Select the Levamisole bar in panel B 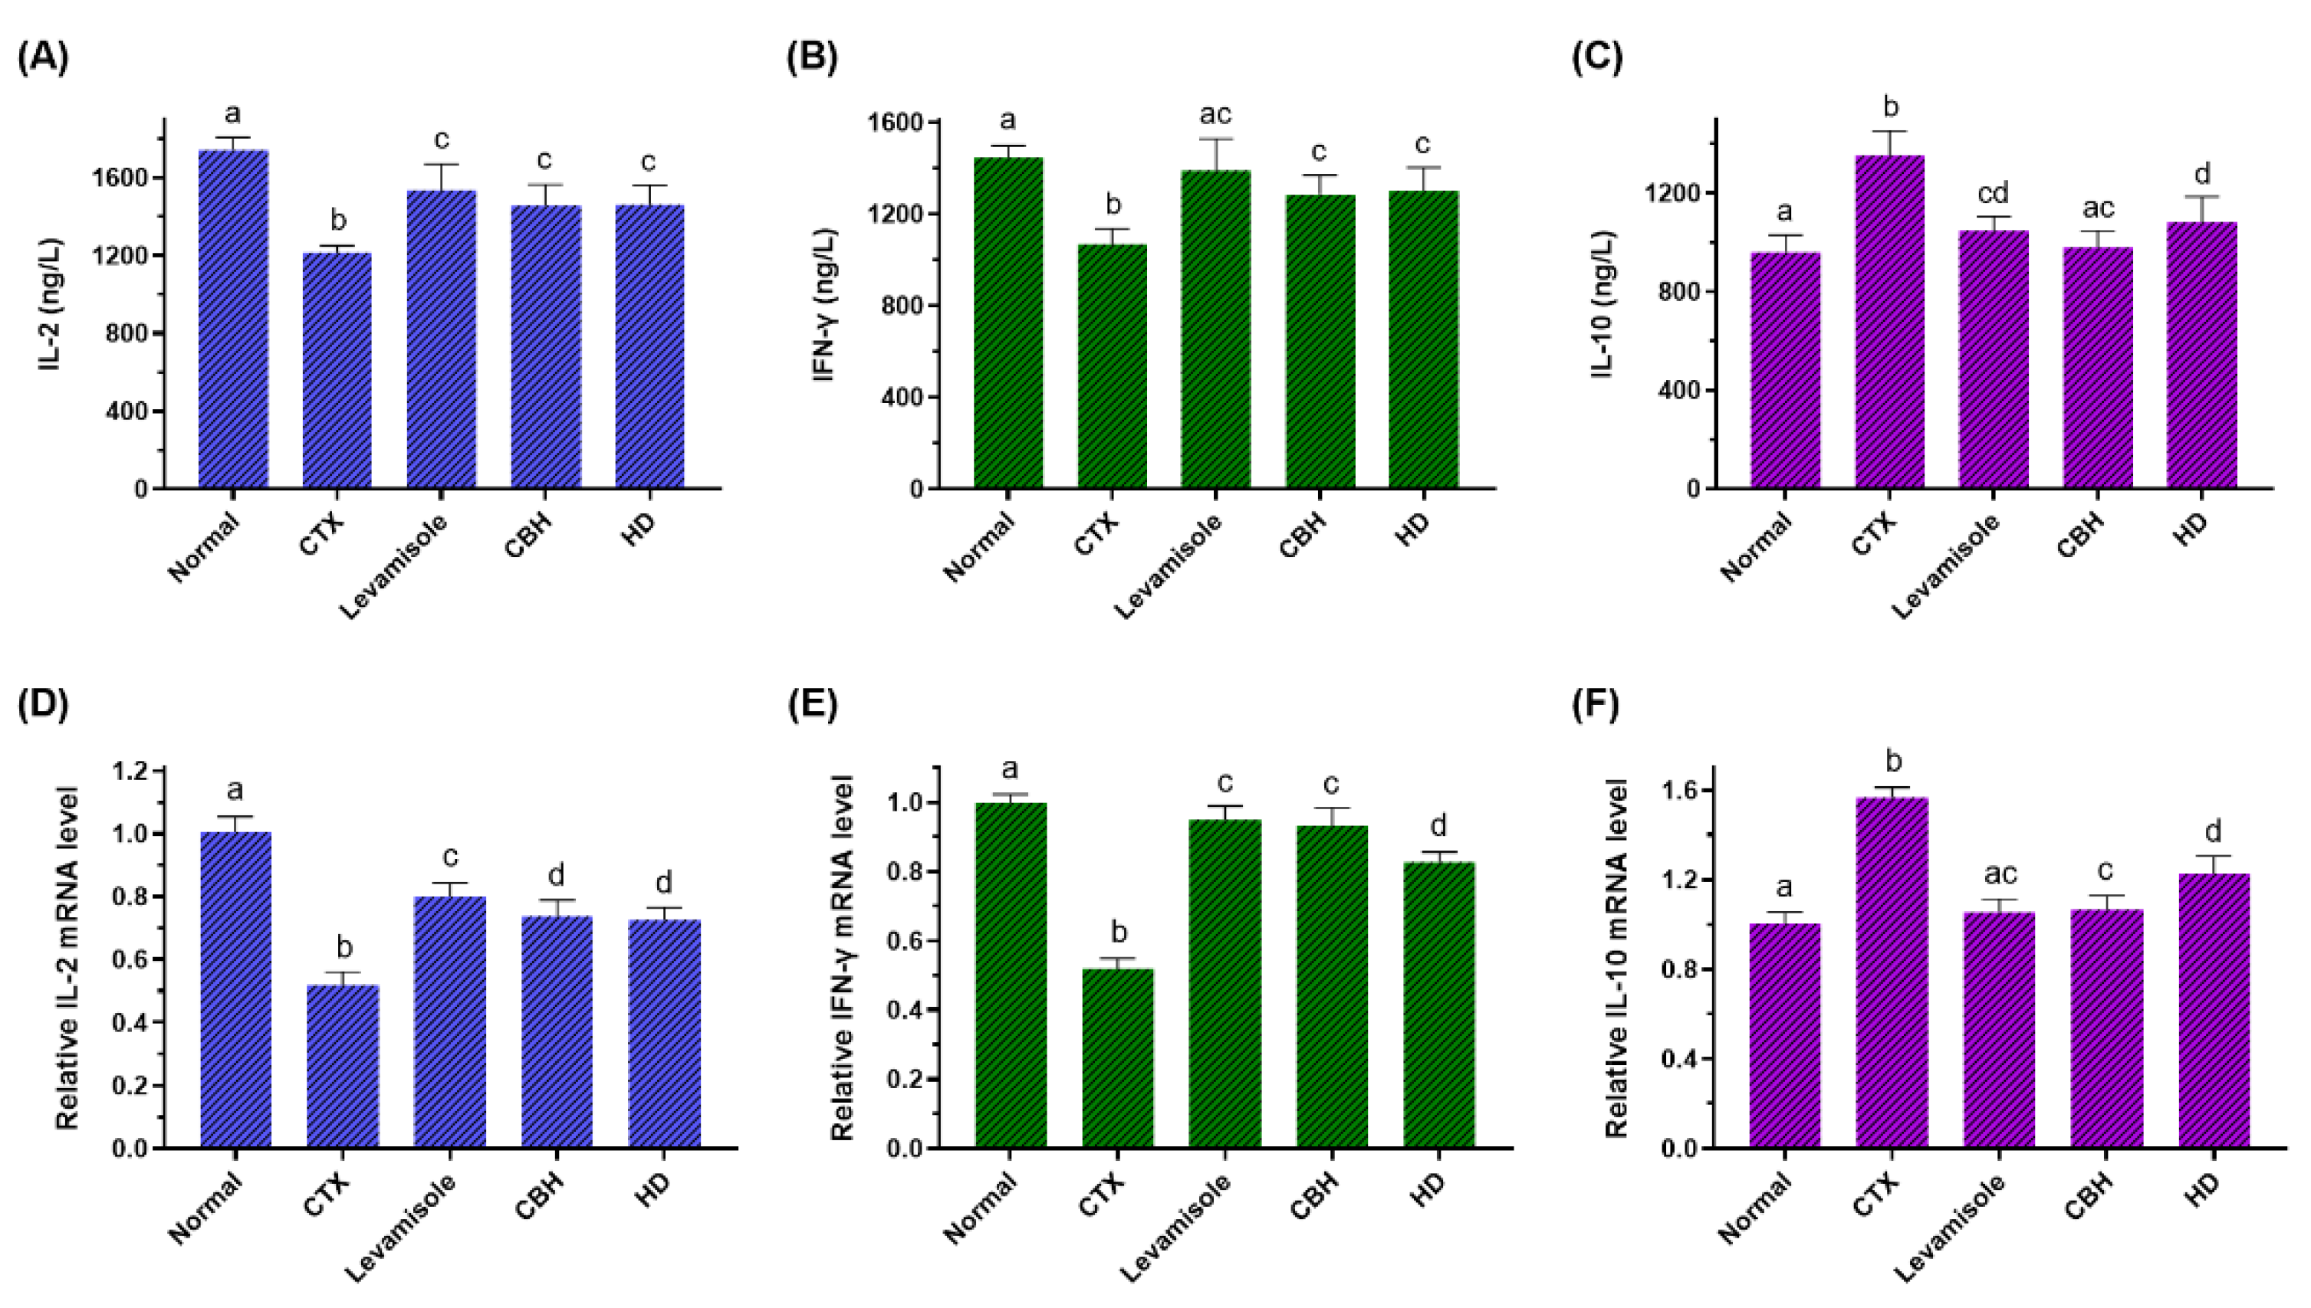(x=1215, y=329)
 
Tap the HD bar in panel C (x=2201, y=355)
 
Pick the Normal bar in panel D (x=235, y=989)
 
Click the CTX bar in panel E (x=1117, y=1057)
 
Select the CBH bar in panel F (x=2106, y=1028)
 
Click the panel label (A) (x=42, y=57)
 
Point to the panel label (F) (x=1596, y=705)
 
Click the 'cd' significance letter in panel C (x=1992, y=193)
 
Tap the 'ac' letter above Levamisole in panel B (x=1215, y=115)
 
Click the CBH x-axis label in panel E (x=1314, y=1195)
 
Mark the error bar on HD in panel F (x=2214, y=862)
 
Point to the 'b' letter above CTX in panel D (x=344, y=947)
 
